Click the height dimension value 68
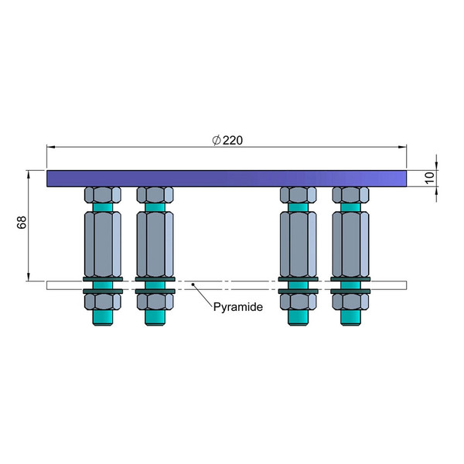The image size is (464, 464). tap(22, 223)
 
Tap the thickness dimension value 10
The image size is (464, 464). tap(430, 178)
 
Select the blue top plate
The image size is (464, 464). tap(226, 178)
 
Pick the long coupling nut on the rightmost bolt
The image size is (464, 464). tap(350, 241)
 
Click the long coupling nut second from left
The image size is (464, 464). tap(154, 241)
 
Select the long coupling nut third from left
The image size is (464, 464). tap(298, 241)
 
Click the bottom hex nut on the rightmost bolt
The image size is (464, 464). tap(350, 300)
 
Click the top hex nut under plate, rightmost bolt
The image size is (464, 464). tap(350, 195)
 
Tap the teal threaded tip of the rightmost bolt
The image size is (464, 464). tap(350, 317)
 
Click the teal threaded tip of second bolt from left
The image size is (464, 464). tap(154, 317)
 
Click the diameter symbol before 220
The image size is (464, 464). tap(217, 139)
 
